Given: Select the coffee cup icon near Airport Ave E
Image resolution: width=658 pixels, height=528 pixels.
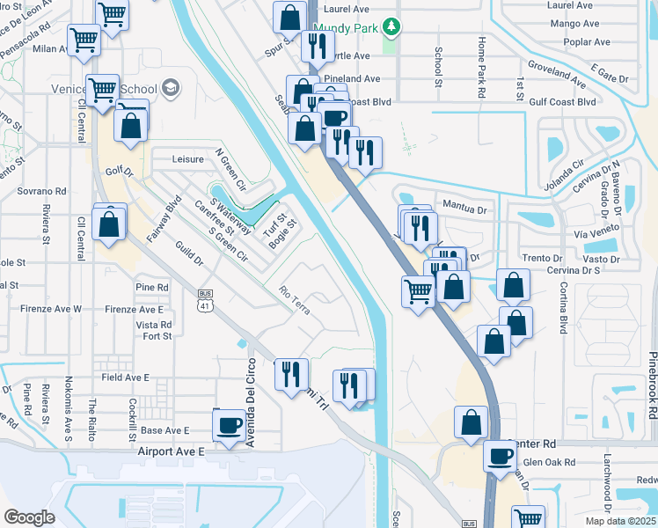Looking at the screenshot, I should [x=230, y=426].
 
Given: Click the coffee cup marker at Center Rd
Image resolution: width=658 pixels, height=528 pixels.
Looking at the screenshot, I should [x=501, y=456].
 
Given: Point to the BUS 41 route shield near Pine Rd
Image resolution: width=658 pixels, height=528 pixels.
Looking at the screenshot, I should [x=204, y=302].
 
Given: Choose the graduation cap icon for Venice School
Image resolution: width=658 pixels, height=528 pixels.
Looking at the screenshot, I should [x=170, y=89].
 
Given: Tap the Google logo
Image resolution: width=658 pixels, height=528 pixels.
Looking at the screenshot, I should [x=29, y=517].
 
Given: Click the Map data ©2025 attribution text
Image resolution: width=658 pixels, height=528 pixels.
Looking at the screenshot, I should [x=620, y=521].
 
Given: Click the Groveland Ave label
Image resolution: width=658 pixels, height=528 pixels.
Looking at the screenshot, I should [x=556, y=75].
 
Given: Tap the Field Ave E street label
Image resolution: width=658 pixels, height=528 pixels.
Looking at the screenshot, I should [x=125, y=377].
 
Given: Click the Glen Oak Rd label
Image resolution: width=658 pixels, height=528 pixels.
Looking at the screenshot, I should [x=548, y=462].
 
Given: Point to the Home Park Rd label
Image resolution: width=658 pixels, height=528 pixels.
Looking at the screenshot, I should [x=480, y=55].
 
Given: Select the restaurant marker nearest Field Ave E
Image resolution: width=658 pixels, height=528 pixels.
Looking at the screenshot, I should [x=290, y=374].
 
